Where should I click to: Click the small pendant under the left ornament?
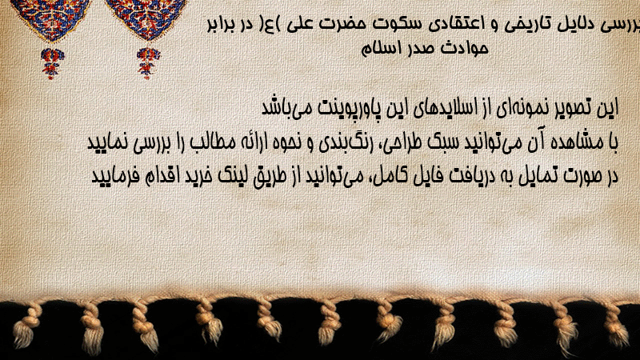[51, 63]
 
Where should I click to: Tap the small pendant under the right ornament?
[148, 62]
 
